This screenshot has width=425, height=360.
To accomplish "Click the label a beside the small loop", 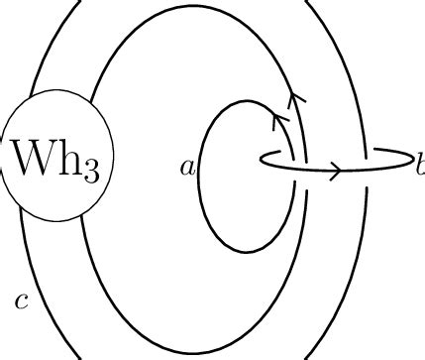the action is pos(187,168).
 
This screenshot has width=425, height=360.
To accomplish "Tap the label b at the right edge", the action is pos(419,165).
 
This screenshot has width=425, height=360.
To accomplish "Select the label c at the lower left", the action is pos(21,300).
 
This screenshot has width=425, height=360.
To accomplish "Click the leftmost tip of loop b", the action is pos(261,159).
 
